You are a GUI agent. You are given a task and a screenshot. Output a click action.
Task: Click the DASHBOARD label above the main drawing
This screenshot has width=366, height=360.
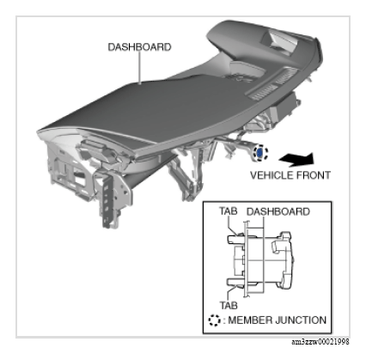(x=139, y=47)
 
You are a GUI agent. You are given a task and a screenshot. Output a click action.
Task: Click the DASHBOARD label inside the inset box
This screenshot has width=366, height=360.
(x=278, y=211)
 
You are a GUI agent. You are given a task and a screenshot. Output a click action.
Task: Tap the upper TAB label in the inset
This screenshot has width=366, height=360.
(x=229, y=211)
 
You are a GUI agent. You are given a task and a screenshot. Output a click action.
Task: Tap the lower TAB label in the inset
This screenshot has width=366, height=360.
(x=229, y=305)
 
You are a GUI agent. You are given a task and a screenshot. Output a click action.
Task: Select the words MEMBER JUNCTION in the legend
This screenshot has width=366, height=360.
(x=278, y=320)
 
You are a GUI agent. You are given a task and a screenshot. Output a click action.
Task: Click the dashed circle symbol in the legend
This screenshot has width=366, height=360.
(x=214, y=320)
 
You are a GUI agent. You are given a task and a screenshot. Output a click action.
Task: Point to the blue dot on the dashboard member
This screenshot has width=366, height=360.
(x=259, y=153)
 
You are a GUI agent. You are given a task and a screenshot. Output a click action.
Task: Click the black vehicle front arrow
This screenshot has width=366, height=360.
(x=296, y=159)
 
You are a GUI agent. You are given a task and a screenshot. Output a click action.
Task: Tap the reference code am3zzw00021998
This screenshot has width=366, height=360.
(x=320, y=342)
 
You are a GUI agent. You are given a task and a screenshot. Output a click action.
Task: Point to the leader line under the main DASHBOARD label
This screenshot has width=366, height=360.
(x=140, y=68)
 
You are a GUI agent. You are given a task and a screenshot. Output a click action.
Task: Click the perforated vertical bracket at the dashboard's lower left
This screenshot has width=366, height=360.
(x=107, y=200)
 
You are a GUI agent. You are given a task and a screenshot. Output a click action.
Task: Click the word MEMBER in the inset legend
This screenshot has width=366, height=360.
(x=247, y=320)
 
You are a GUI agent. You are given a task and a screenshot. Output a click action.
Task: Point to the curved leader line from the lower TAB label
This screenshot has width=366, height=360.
(x=230, y=291)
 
